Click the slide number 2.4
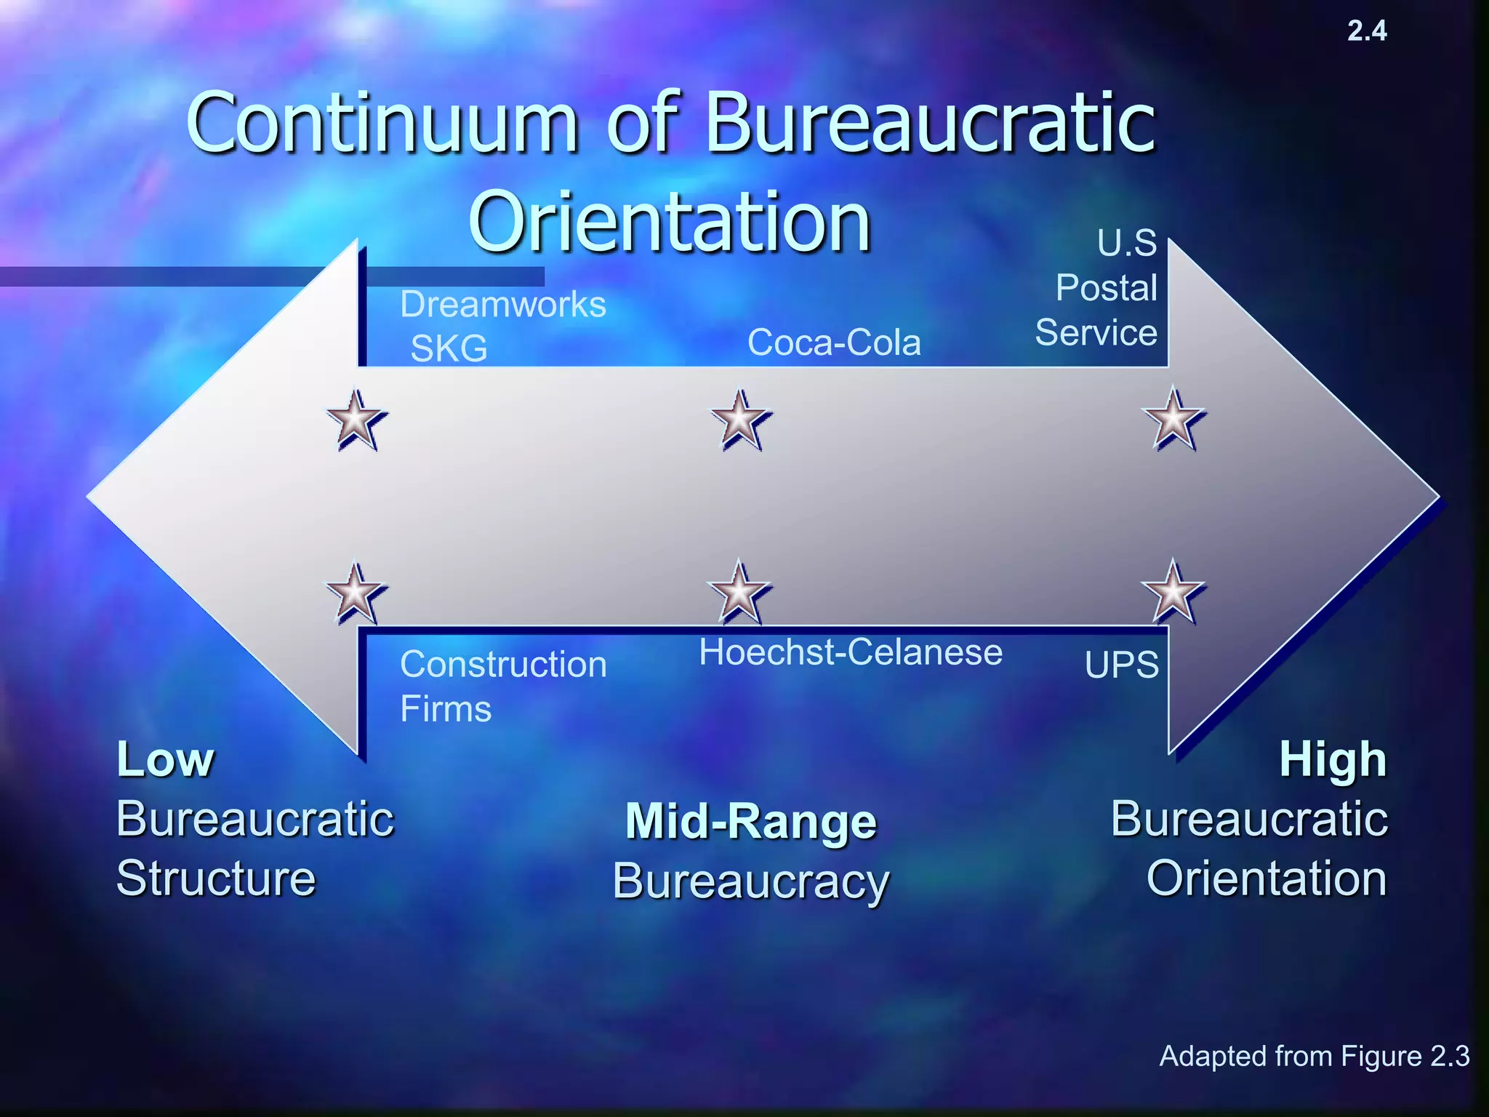click(1367, 31)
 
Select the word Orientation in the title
click(669, 221)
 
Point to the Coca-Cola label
click(834, 342)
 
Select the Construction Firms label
click(502, 686)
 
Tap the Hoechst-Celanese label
click(851, 652)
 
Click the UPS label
click(1121, 665)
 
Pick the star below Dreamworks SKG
click(356, 420)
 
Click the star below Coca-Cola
click(740, 420)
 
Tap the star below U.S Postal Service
click(1173, 420)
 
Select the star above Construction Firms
click(355, 593)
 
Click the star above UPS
click(1173, 592)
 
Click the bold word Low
click(166, 759)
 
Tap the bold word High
click(1333, 759)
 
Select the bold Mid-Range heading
click(751, 821)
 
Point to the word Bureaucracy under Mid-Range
click(751, 881)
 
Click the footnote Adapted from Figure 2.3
click(1314, 1056)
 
